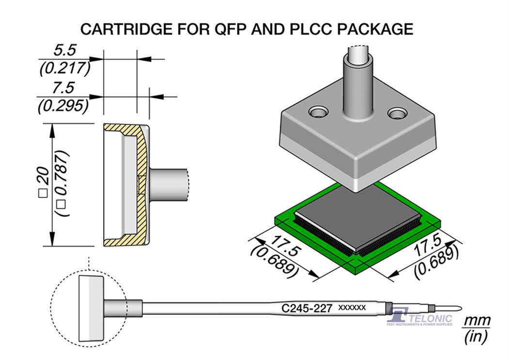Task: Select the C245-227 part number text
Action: pyautogui.click(x=306, y=308)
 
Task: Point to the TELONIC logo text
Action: pyautogui.click(x=430, y=319)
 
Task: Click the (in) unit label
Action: pyautogui.click(x=477, y=336)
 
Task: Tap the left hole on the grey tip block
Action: pyautogui.click(x=318, y=114)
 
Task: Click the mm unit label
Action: pyautogui.click(x=477, y=321)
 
